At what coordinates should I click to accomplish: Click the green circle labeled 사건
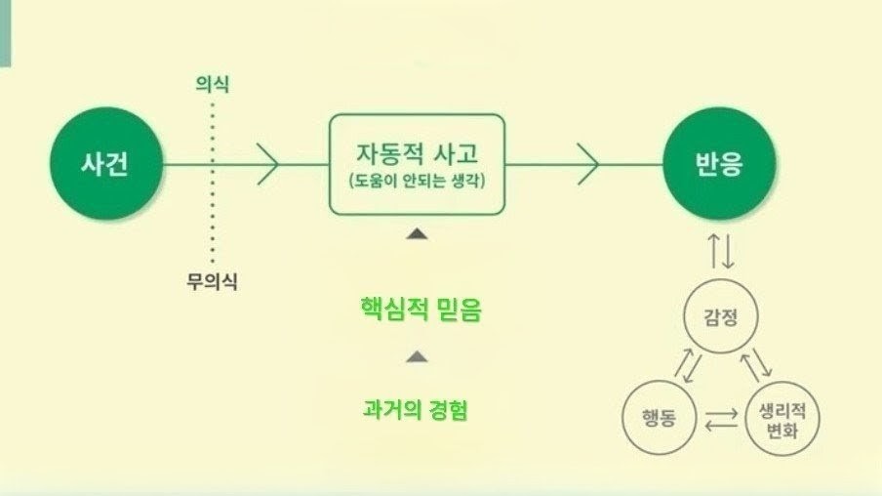[x=106, y=164]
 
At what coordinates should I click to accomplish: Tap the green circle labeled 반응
[x=719, y=164]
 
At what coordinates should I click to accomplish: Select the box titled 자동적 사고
[x=417, y=114]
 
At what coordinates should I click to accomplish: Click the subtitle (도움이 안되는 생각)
[x=417, y=181]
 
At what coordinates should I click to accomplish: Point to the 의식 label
[x=212, y=84]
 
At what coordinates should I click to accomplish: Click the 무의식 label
[x=212, y=281]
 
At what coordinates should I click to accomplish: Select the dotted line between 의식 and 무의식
[x=213, y=183]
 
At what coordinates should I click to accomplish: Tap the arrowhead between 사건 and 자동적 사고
[x=268, y=164]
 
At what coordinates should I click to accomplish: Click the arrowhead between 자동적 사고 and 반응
[x=588, y=164]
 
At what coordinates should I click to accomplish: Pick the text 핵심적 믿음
[x=421, y=310]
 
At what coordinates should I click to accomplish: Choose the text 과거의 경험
[x=415, y=409]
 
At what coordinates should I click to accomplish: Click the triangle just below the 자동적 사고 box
[x=417, y=233]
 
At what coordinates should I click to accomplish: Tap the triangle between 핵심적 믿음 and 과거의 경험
[x=417, y=356]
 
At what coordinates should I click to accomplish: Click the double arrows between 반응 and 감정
[x=721, y=251]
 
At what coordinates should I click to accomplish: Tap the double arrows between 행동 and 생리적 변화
[x=721, y=420]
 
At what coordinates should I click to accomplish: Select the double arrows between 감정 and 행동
[x=689, y=366]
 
